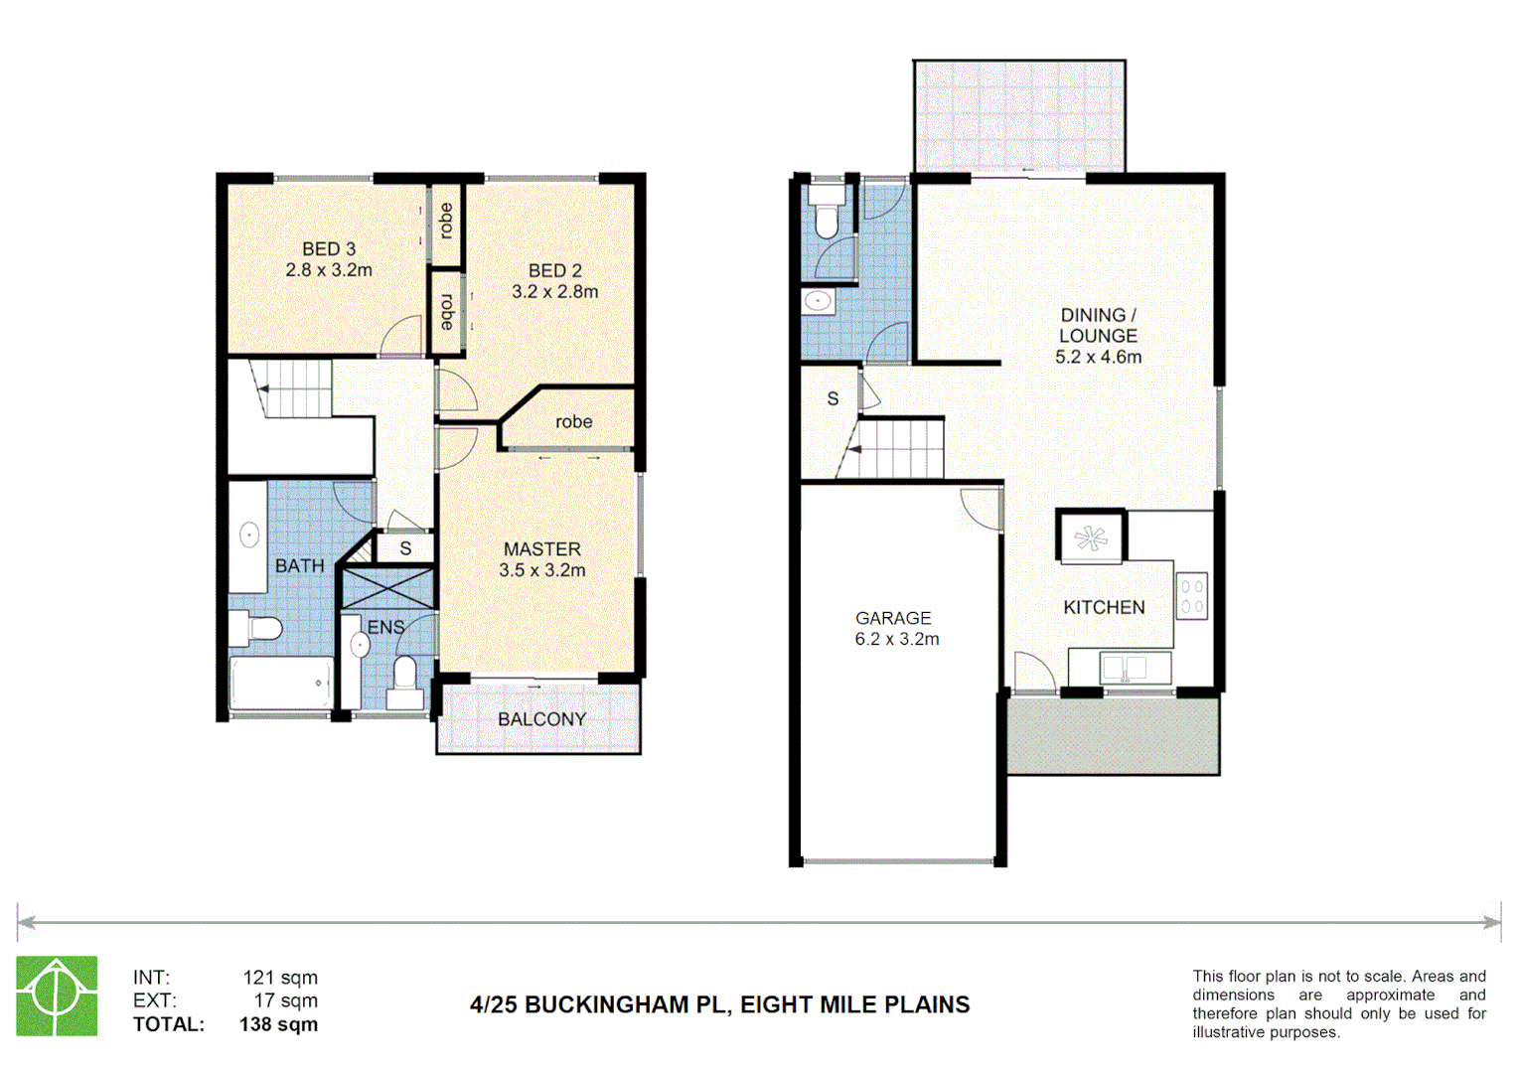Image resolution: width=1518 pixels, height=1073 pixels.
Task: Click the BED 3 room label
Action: pyautogui.click(x=329, y=248)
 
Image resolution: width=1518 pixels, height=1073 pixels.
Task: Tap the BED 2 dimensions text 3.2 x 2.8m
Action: pyautogui.click(x=554, y=292)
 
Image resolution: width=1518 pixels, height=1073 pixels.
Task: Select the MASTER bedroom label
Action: pyautogui.click(x=541, y=548)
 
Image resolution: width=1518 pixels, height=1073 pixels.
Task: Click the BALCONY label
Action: pyautogui.click(x=541, y=719)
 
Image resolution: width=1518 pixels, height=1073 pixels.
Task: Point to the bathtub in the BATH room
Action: pyautogui.click(x=282, y=683)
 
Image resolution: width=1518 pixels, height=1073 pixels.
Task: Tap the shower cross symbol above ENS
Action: pyautogui.click(x=387, y=587)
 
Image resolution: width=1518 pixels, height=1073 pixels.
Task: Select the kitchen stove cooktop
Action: pyautogui.click(x=1192, y=596)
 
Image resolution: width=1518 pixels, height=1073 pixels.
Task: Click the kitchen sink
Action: pyautogui.click(x=1124, y=668)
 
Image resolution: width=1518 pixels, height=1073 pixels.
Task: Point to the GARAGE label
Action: pyautogui.click(x=893, y=618)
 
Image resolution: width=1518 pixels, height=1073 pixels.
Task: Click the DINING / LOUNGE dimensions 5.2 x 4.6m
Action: pyautogui.click(x=1098, y=358)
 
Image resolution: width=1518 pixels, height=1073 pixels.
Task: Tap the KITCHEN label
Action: pyautogui.click(x=1104, y=607)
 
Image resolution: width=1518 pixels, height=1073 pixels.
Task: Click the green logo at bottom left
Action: pyautogui.click(x=57, y=996)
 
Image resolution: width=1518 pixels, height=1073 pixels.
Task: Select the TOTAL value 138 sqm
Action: pyautogui.click(x=278, y=1024)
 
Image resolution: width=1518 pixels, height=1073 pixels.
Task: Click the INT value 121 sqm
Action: pyautogui.click(x=280, y=978)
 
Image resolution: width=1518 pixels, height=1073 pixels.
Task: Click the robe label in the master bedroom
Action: pyautogui.click(x=573, y=422)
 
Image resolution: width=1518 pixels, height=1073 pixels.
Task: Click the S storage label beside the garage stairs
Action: pyautogui.click(x=833, y=398)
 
